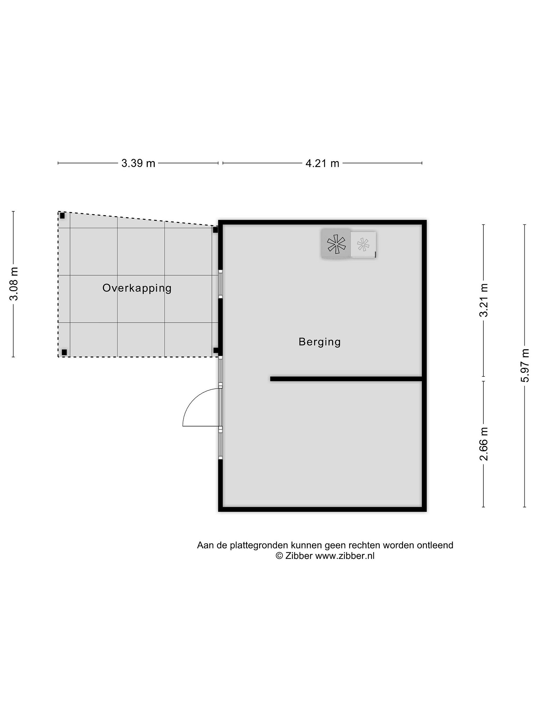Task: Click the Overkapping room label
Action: click(137, 288)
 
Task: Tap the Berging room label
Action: click(319, 342)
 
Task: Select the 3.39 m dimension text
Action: click(138, 163)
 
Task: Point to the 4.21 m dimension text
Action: click(322, 163)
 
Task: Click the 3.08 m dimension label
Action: click(14, 284)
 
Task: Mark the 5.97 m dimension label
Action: click(525, 365)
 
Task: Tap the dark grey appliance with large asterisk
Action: click(336, 243)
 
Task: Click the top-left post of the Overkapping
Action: click(62, 216)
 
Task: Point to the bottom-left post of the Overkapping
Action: click(64, 352)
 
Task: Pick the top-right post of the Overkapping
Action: click(215, 230)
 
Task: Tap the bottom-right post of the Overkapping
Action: click(216, 351)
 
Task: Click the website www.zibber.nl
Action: click(345, 556)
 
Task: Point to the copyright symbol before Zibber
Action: click(279, 556)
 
